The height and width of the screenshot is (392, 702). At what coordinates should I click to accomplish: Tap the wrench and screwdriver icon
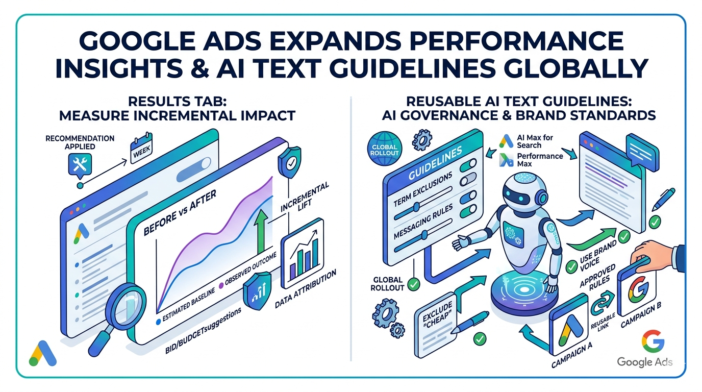79,164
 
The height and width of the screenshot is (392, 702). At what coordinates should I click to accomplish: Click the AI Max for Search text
536,141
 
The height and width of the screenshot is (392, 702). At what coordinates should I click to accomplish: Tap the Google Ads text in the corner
644,362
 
